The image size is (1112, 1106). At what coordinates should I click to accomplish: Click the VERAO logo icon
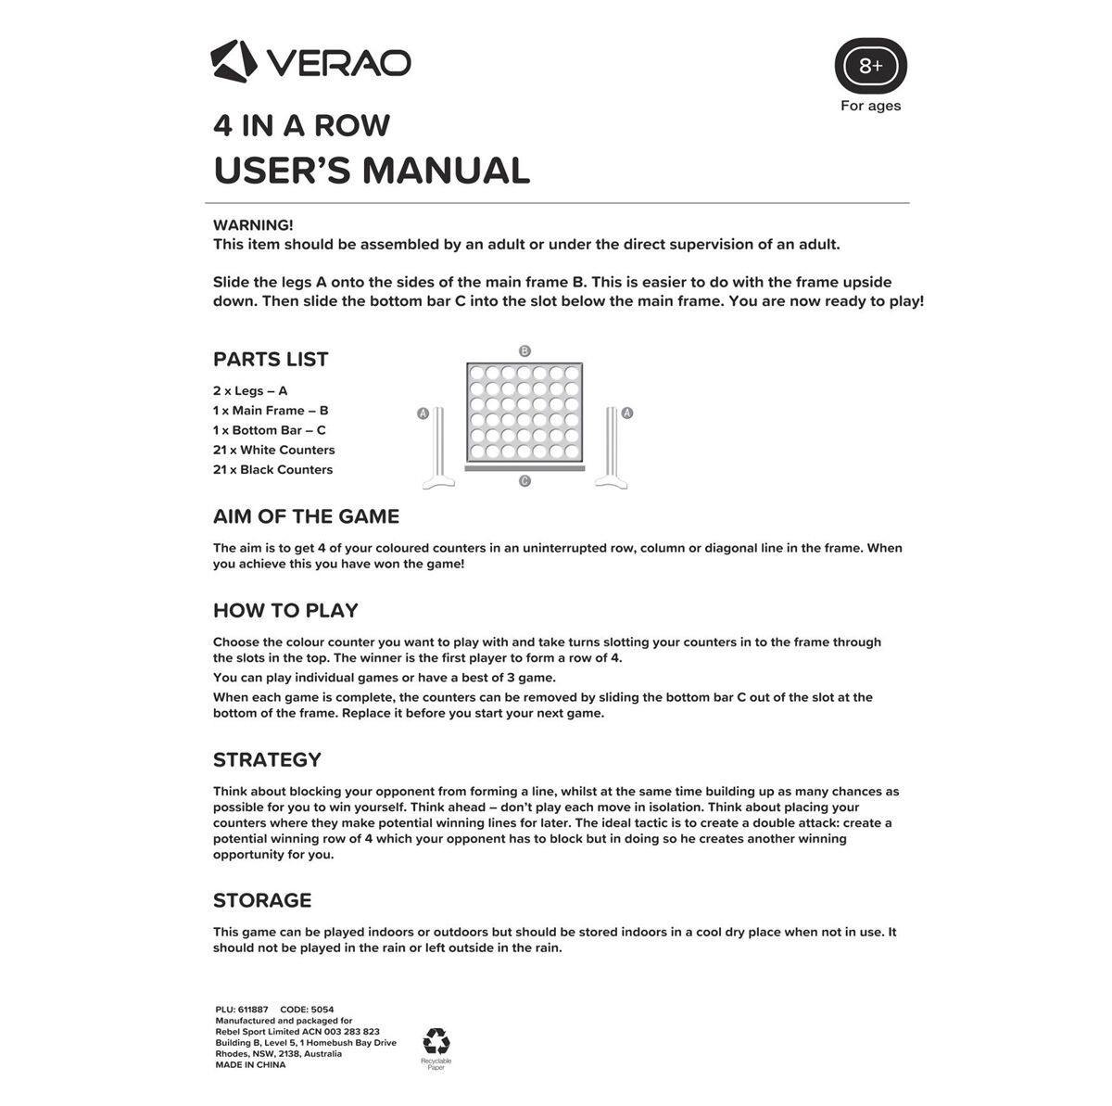pyautogui.click(x=232, y=61)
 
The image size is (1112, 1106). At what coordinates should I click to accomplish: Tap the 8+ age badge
pyautogui.click(x=870, y=66)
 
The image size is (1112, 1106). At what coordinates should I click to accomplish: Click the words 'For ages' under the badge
pyautogui.click(x=870, y=106)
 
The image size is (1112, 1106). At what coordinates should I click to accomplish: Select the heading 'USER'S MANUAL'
pyautogui.click(x=371, y=171)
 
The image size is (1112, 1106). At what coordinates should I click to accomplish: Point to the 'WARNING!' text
pyautogui.click(x=253, y=225)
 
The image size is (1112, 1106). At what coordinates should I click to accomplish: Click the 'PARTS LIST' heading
pyautogui.click(x=271, y=360)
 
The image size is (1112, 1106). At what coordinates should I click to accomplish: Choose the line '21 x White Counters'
pyautogui.click(x=273, y=450)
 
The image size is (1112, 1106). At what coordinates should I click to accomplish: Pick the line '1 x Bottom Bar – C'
pyautogui.click(x=269, y=430)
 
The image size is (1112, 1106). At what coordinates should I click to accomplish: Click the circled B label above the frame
pyautogui.click(x=524, y=351)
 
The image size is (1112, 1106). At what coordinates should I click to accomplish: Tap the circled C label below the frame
pyautogui.click(x=524, y=481)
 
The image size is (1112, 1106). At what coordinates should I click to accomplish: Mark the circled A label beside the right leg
pyautogui.click(x=627, y=413)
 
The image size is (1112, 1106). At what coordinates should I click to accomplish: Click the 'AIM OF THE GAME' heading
pyautogui.click(x=306, y=516)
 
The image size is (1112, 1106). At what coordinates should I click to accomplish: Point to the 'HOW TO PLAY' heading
pyautogui.click(x=285, y=610)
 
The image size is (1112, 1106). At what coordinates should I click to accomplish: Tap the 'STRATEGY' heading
pyautogui.click(x=267, y=760)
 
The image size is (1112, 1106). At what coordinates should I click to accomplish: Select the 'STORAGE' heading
pyautogui.click(x=262, y=900)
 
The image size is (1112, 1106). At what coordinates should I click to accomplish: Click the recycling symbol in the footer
pyautogui.click(x=436, y=1040)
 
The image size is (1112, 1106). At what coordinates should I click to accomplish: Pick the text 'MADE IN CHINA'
pyautogui.click(x=250, y=1065)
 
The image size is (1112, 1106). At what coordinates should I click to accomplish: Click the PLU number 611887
pyautogui.click(x=253, y=1009)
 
